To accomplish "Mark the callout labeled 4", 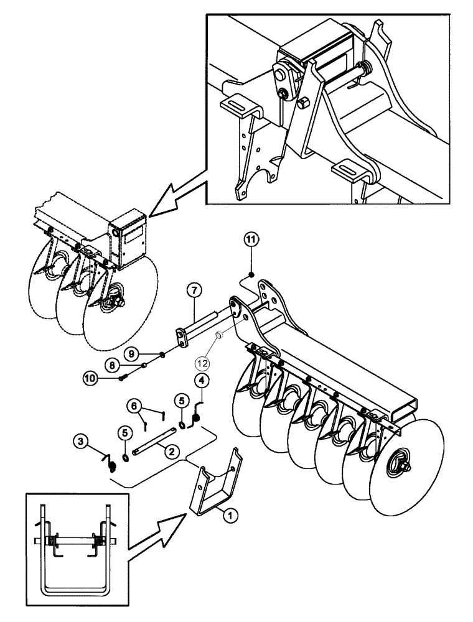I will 202,379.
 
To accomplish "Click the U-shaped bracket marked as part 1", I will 218,485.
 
